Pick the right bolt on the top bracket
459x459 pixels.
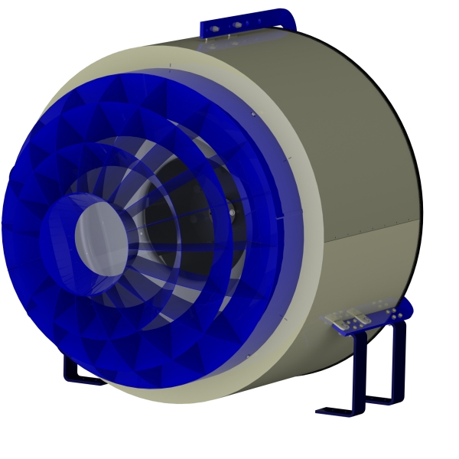coord(238,24)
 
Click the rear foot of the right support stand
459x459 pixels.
coord(382,399)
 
